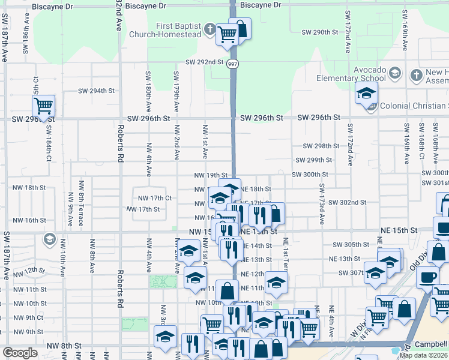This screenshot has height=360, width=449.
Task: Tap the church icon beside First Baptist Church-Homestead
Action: coord(209,28)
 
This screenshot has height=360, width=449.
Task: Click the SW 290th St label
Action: coord(318,32)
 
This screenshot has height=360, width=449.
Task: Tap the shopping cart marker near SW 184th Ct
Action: coord(43,107)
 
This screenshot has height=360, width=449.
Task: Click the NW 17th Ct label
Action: coord(155,197)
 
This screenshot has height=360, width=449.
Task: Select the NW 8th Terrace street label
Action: coord(80,210)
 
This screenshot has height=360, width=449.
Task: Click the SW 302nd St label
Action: coord(347,203)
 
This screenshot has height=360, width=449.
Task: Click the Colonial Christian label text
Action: coord(414,106)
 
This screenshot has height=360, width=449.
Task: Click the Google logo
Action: coord(20,352)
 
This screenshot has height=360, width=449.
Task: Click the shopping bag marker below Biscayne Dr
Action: coord(240,29)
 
